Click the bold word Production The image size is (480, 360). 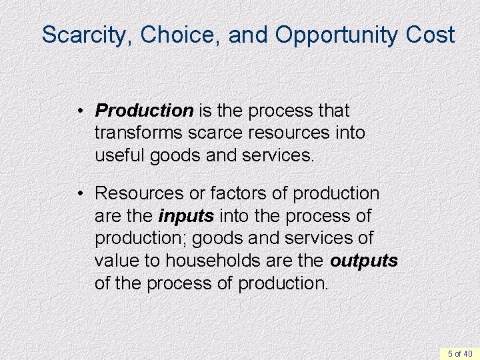tap(143, 110)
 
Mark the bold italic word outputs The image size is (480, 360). tap(364, 261)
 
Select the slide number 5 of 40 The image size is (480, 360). tap(459, 353)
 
